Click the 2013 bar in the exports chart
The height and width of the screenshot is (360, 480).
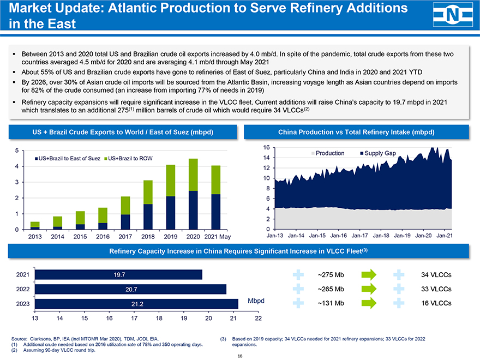click(x=34, y=225)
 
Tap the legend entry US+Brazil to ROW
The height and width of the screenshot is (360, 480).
click(x=130, y=158)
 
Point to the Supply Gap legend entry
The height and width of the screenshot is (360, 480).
click(x=377, y=153)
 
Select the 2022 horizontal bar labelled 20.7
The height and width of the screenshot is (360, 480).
click(x=131, y=289)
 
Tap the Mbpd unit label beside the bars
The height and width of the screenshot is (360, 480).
click(x=256, y=301)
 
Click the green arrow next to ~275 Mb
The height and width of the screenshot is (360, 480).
click(x=369, y=274)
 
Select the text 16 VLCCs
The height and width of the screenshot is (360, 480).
click(x=436, y=303)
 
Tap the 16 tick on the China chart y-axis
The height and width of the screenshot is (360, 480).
click(x=266, y=148)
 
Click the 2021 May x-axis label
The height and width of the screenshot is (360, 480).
click(x=217, y=236)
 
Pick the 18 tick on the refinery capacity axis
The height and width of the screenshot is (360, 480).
click(x=159, y=319)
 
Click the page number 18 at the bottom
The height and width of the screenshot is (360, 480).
click(x=240, y=355)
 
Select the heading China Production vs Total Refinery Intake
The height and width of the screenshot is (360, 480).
click(x=356, y=132)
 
